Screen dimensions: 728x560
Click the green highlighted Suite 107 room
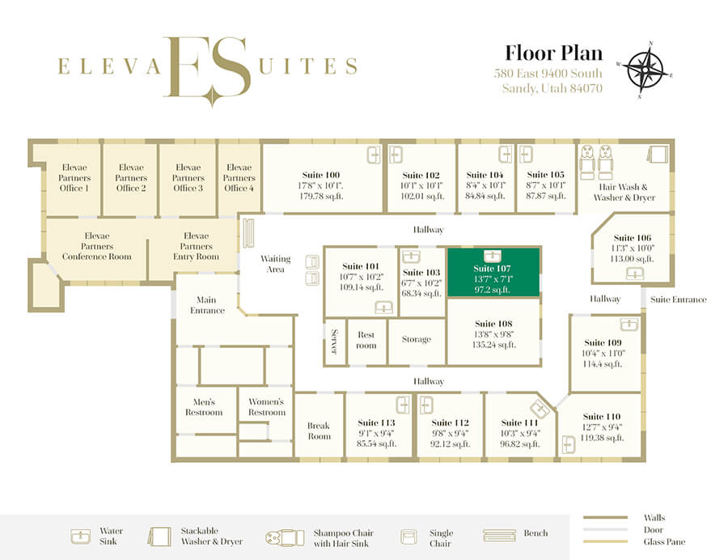point(493,272)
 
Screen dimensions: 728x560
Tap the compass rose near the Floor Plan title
point(645,70)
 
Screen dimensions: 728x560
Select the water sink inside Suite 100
point(374,155)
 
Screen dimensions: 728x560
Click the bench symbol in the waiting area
point(249,233)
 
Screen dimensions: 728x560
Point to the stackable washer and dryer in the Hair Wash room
point(658,155)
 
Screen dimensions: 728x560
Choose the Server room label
point(334,342)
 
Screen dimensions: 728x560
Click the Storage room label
point(417,339)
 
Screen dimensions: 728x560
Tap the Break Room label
point(319,431)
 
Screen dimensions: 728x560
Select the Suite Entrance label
point(679,299)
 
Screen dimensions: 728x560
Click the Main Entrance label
point(207,305)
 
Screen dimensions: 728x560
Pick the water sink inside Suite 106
point(635,274)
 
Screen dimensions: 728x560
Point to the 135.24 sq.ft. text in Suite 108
point(493,345)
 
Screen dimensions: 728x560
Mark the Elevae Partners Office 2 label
point(131,177)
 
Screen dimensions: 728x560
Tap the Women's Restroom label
point(266,407)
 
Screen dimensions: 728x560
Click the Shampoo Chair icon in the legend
point(285,537)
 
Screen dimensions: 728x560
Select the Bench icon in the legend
point(499,536)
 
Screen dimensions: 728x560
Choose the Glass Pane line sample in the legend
point(605,541)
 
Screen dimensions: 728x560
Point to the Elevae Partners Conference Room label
point(96,246)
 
